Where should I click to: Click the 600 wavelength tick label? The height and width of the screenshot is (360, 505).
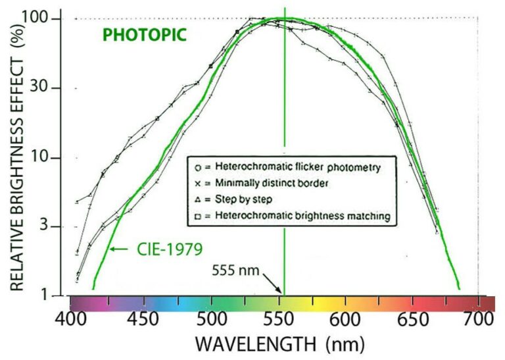(343, 321)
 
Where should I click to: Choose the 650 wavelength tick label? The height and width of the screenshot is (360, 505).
(411, 321)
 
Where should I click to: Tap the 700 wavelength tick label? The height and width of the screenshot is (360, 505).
(478, 321)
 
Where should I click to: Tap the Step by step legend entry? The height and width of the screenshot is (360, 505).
(247, 198)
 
